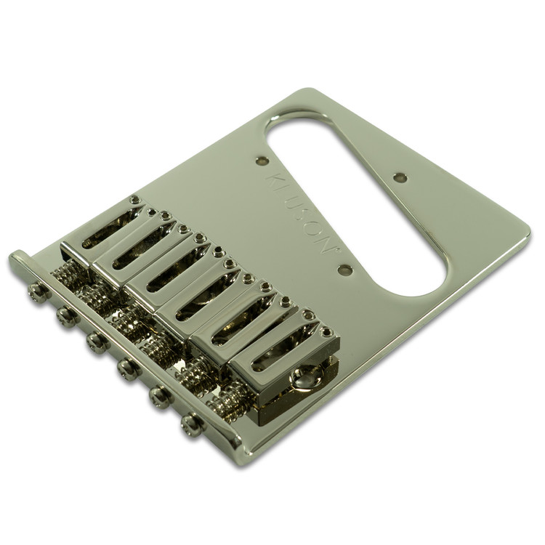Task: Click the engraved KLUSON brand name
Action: click(302, 213)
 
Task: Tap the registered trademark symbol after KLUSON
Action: click(336, 249)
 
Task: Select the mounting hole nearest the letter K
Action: click(262, 161)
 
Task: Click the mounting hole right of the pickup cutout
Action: click(401, 177)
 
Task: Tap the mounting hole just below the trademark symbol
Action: click(345, 269)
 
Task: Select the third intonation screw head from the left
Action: click(95, 342)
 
